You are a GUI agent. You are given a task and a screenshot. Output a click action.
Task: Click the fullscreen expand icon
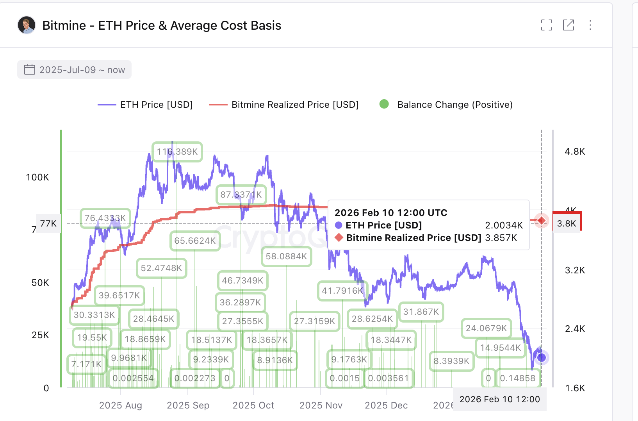point(547,25)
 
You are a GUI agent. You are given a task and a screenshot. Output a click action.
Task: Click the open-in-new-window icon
point(568,25)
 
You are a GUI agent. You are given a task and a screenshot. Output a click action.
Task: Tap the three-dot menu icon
point(590,25)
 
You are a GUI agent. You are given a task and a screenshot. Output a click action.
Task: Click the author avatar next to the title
point(27,25)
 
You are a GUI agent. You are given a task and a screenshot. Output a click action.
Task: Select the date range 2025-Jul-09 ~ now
point(74,70)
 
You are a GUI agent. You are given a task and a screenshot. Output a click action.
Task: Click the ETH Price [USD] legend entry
point(145,105)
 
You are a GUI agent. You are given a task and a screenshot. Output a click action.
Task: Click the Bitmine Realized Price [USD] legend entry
point(284,105)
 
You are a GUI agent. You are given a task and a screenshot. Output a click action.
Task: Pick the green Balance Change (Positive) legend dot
point(384,104)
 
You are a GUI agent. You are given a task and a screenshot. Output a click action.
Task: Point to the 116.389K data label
point(177,152)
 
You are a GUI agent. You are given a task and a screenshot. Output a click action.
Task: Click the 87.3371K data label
point(241,194)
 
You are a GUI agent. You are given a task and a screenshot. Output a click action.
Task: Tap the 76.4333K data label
point(105,218)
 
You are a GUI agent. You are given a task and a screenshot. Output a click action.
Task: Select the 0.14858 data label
point(517,378)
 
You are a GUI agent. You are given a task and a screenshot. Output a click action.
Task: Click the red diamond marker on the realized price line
point(542,221)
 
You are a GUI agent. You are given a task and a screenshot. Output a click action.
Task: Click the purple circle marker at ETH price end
point(542,357)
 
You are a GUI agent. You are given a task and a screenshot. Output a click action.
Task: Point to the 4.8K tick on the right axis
point(574,152)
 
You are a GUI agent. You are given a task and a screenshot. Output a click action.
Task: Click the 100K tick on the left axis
point(37,177)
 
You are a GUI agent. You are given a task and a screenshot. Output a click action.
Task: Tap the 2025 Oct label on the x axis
point(253,405)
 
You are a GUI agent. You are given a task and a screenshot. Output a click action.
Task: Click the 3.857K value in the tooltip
point(501,238)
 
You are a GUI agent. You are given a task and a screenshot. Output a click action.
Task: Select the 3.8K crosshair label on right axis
point(566,223)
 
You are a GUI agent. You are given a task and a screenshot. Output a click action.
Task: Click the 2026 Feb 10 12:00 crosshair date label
point(499,399)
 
